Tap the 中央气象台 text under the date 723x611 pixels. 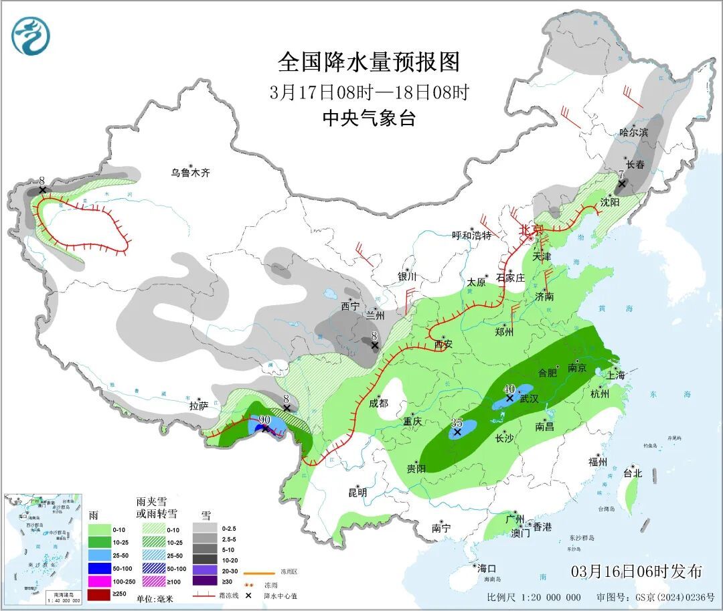click(369, 118)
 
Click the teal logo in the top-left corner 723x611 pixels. click(31, 36)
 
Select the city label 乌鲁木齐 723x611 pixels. click(190, 173)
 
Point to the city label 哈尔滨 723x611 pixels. click(633, 133)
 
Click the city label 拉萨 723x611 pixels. click(199, 406)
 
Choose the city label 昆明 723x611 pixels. click(357, 493)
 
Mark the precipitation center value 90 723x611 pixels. click(264, 420)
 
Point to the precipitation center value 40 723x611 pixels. click(509, 389)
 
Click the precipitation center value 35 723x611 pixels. click(457, 423)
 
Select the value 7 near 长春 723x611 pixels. click(621, 174)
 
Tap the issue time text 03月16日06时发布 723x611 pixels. click(637, 572)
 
